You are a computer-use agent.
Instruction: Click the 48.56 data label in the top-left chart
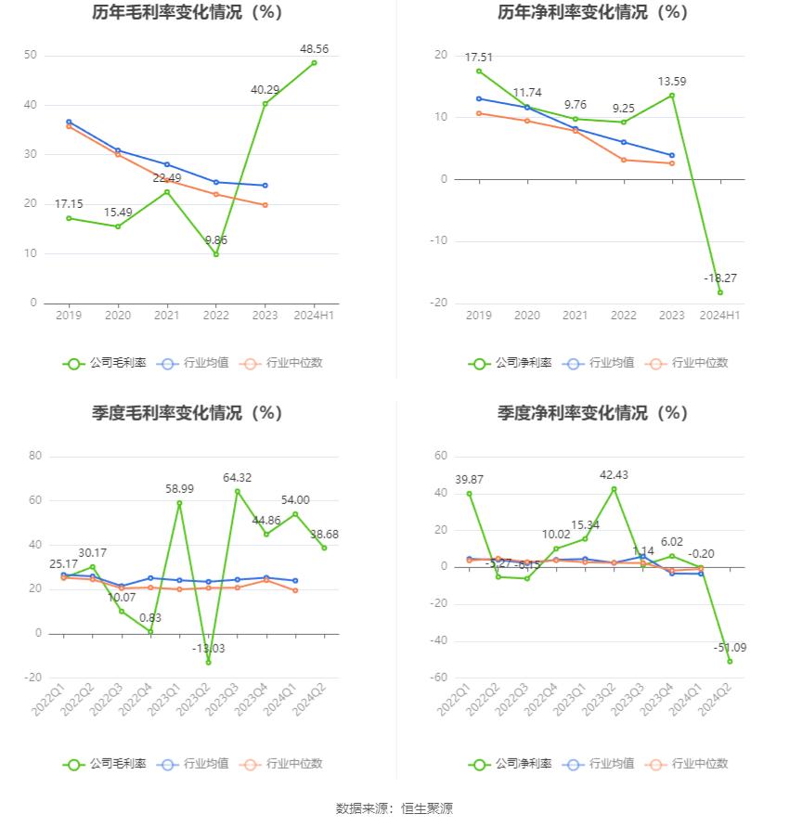315,48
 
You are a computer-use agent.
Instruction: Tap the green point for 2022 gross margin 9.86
216,254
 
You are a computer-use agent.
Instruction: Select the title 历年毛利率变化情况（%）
187,13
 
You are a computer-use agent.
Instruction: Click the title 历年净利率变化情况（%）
592,13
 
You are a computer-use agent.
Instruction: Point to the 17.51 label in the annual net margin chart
479,56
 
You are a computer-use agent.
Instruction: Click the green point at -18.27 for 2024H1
719,292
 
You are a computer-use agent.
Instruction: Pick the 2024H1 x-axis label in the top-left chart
314,316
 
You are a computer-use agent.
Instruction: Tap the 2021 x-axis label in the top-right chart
576,316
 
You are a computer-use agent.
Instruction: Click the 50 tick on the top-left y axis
31,56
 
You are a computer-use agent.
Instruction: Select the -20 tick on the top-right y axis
440,303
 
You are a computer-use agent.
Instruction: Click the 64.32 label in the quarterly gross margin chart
238,477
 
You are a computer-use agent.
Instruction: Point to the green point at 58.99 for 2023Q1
179,503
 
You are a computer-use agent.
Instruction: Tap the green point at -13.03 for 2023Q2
209,662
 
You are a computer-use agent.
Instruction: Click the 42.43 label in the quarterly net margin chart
614,475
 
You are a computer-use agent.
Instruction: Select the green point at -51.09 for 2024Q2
730,661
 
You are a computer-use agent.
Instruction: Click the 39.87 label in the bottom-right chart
469,479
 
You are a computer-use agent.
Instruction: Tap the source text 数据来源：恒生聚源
394,808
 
